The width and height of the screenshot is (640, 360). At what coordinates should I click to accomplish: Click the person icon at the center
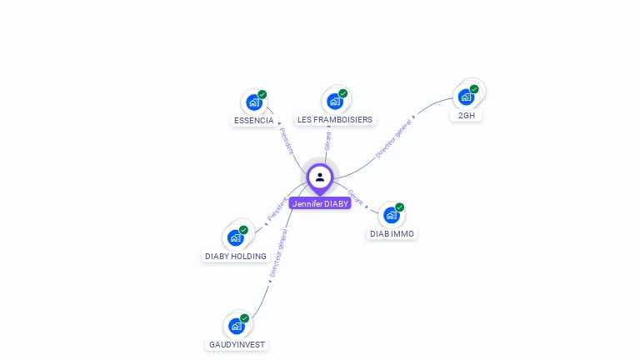(x=320, y=177)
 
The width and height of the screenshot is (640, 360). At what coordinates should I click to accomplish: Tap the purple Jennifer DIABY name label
(x=320, y=203)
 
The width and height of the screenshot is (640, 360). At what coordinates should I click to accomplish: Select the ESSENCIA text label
(x=253, y=120)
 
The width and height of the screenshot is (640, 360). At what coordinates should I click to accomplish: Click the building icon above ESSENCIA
(x=253, y=102)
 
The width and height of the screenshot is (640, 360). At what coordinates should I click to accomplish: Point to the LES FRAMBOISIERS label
(x=335, y=120)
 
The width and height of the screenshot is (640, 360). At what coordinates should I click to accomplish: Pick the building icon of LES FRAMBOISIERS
(x=335, y=102)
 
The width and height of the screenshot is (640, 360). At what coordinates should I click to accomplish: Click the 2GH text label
(x=467, y=116)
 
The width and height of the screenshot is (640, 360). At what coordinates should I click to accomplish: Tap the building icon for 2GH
(x=467, y=97)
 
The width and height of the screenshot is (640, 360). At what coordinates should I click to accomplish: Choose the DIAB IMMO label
(x=392, y=234)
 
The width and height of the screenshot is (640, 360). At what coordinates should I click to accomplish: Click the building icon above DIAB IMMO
(x=392, y=215)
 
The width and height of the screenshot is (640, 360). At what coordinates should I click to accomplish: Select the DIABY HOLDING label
(x=236, y=257)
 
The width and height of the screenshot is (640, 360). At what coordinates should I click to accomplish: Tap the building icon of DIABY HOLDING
(x=236, y=237)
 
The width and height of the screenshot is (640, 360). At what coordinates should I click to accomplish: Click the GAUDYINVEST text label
(x=237, y=344)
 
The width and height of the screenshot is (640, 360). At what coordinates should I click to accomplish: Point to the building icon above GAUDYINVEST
(x=237, y=325)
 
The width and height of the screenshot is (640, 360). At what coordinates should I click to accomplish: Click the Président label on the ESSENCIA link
(x=287, y=141)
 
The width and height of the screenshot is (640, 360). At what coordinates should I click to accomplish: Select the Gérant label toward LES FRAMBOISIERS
(x=328, y=141)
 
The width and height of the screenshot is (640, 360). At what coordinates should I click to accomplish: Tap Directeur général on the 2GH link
(x=393, y=138)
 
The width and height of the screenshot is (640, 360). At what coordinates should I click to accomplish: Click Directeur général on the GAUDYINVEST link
(x=279, y=253)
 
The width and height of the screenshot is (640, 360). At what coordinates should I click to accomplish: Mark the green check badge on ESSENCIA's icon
(x=262, y=94)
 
